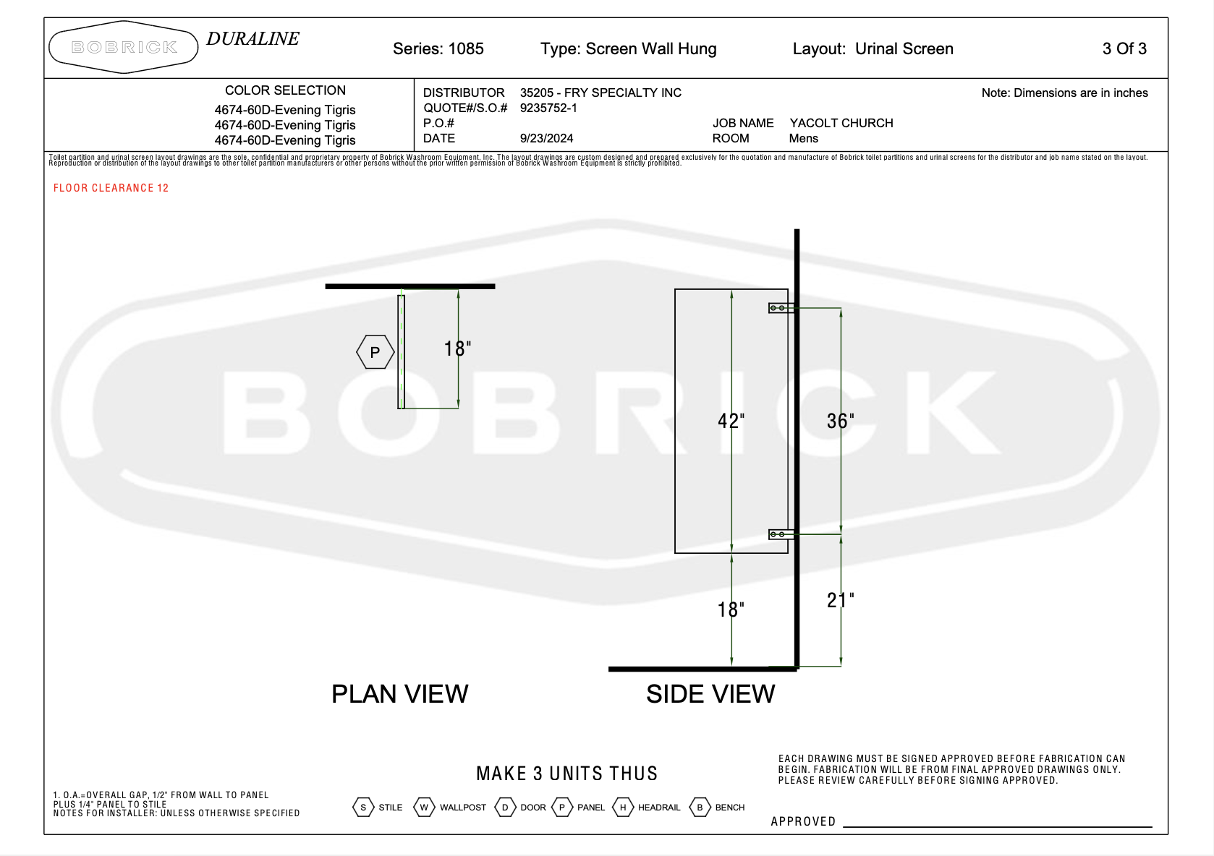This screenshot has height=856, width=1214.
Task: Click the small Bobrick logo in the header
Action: tap(124, 47)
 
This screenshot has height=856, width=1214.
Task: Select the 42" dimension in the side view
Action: tap(731, 421)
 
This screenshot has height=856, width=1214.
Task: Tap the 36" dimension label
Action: tap(840, 421)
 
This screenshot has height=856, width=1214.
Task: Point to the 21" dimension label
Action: tap(840, 601)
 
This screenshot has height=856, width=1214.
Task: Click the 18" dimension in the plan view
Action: tap(457, 348)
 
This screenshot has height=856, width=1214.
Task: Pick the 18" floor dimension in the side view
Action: tap(731, 609)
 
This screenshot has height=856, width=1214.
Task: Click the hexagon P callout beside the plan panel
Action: tap(375, 352)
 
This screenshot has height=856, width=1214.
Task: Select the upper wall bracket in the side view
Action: tap(781, 308)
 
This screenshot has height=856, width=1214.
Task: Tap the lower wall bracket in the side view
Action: tap(781, 534)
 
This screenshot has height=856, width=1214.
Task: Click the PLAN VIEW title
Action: tap(400, 694)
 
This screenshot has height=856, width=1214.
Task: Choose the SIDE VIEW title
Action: tap(710, 694)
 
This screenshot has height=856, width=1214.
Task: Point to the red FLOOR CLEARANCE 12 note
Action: tap(111, 188)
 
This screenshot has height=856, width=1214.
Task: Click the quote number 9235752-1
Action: tap(548, 108)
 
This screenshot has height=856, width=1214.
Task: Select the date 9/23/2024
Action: tap(546, 138)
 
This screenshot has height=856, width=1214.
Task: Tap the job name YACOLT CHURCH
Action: tap(841, 123)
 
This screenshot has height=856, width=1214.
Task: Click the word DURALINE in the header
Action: tap(252, 38)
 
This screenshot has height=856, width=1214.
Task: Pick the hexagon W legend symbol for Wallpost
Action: tap(425, 808)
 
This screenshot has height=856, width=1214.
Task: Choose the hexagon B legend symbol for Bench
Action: tap(700, 808)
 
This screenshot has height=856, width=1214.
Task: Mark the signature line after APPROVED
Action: tap(998, 827)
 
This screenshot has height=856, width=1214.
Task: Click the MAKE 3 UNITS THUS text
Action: tap(567, 774)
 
